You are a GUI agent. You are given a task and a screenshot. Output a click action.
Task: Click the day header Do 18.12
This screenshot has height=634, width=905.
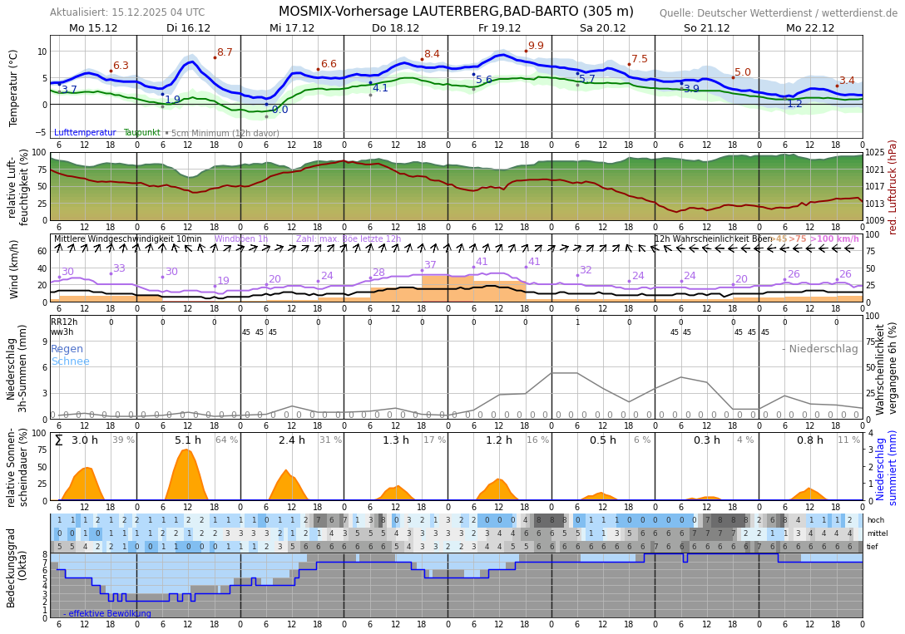tap(395, 27)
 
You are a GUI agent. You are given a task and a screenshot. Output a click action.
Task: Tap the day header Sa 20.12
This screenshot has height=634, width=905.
tap(602, 27)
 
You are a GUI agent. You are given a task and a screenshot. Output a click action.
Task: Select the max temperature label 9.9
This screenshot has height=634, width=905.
tap(536, 47)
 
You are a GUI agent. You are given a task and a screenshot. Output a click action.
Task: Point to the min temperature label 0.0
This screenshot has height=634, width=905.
tap(279, 110)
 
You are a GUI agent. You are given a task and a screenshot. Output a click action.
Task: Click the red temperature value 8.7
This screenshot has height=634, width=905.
tap(225, 52)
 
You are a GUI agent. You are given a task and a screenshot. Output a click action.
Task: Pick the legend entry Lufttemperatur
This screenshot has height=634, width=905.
tap(85, 133)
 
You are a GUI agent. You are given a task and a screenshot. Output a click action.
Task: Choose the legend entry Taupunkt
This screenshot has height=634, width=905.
tap(141, 133)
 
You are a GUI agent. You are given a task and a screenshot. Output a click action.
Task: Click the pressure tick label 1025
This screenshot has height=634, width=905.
tap(875, 153)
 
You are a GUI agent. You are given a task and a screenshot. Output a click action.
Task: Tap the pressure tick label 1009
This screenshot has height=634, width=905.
tap(875, 221)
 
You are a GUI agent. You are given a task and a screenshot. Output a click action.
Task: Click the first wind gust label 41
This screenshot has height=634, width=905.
tap(482, 262)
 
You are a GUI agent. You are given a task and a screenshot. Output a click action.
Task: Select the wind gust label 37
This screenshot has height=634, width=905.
tap(430, 265)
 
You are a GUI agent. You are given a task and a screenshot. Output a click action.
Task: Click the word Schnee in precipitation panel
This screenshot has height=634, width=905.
tap(70, 361)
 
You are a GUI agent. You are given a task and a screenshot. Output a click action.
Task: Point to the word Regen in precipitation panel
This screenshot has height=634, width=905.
tap(67, 349)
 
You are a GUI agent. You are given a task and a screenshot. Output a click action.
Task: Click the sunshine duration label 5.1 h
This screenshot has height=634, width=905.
tap(188, 440)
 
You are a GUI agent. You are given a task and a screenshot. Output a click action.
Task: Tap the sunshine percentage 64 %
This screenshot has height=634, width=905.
tap(226, 440)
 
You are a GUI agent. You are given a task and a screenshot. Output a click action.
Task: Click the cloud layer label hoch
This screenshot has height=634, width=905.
tap(875, 520)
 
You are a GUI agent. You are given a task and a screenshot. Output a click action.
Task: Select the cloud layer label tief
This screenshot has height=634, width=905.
tap(873, 547)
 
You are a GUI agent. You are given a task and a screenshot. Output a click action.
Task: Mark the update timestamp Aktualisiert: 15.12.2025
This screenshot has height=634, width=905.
tap(127, 12)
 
